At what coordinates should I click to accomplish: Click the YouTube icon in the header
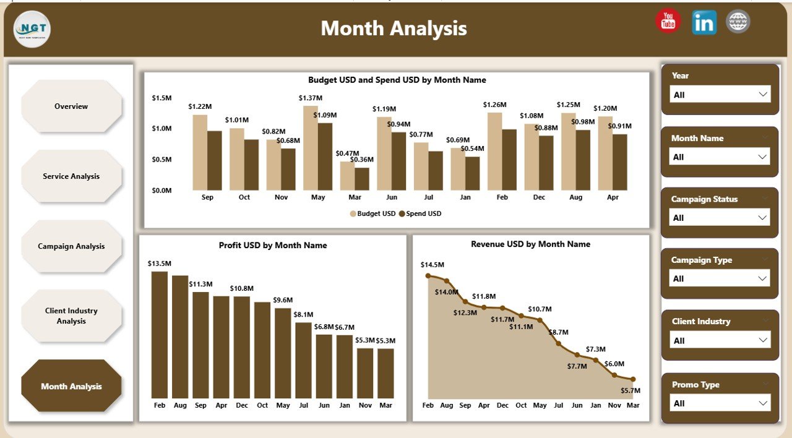point(668,22)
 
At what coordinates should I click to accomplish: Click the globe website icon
point(738,22)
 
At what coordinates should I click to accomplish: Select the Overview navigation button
point(71,106)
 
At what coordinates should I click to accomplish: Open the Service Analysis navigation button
point(71,176)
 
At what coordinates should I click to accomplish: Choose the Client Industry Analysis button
point(71,316)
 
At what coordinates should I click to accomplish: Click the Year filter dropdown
point(720,95)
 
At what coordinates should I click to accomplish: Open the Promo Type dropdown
point(720,403)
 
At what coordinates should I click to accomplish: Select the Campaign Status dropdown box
point(720,218)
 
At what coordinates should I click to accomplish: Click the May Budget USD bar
point(311,148)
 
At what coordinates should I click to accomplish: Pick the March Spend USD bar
point(362,179)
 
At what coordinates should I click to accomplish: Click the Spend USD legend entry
point(420,213)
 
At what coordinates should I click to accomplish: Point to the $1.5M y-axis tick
point(162,98)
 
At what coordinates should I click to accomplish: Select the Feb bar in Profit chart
point(160,334)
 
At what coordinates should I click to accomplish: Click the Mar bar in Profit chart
point(385,373)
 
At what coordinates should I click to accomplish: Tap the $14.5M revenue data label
point(432,265)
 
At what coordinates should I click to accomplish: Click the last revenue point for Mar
point(633,379)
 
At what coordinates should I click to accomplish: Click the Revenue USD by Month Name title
point(530,244)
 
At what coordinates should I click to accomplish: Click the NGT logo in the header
point(32,29)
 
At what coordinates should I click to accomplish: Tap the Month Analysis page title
point(394,28)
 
